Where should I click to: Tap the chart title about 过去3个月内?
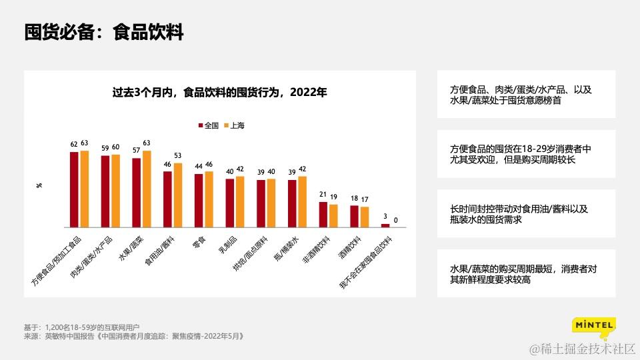point(219,93)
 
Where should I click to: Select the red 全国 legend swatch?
point(200,125)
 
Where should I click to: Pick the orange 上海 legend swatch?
point(226,125)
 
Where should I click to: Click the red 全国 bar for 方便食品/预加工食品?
point(74,189)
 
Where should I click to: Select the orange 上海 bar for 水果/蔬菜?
point(147,188)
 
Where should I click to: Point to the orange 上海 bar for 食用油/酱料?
point(178,195)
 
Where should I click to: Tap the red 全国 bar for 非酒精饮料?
point(323,214)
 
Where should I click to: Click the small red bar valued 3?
point(385,225)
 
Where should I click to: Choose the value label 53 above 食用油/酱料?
point(178,156)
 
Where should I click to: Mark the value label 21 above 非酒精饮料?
point(323,195)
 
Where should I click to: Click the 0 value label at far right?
point(396,220)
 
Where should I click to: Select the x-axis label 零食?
point(198,242)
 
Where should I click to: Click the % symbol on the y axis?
point(39,185)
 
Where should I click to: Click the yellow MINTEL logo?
point(593,326)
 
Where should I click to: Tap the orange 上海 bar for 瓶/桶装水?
point(303,201)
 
